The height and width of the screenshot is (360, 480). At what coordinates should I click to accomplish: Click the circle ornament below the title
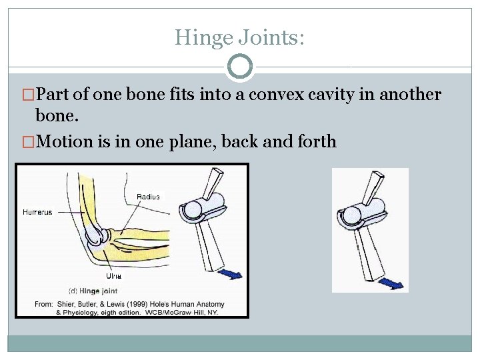click(x=240, y=66)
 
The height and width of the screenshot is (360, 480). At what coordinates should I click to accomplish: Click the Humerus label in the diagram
click(x=37, y=212)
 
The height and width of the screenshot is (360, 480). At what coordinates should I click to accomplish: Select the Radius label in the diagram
click(x=148, y=196)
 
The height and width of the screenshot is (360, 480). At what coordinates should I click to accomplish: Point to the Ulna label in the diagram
click(x=113, y=275)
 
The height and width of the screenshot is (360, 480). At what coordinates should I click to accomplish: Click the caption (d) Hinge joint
click(x=93, y=290)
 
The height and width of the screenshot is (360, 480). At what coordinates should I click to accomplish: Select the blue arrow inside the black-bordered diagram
click(x=232, y=273)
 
